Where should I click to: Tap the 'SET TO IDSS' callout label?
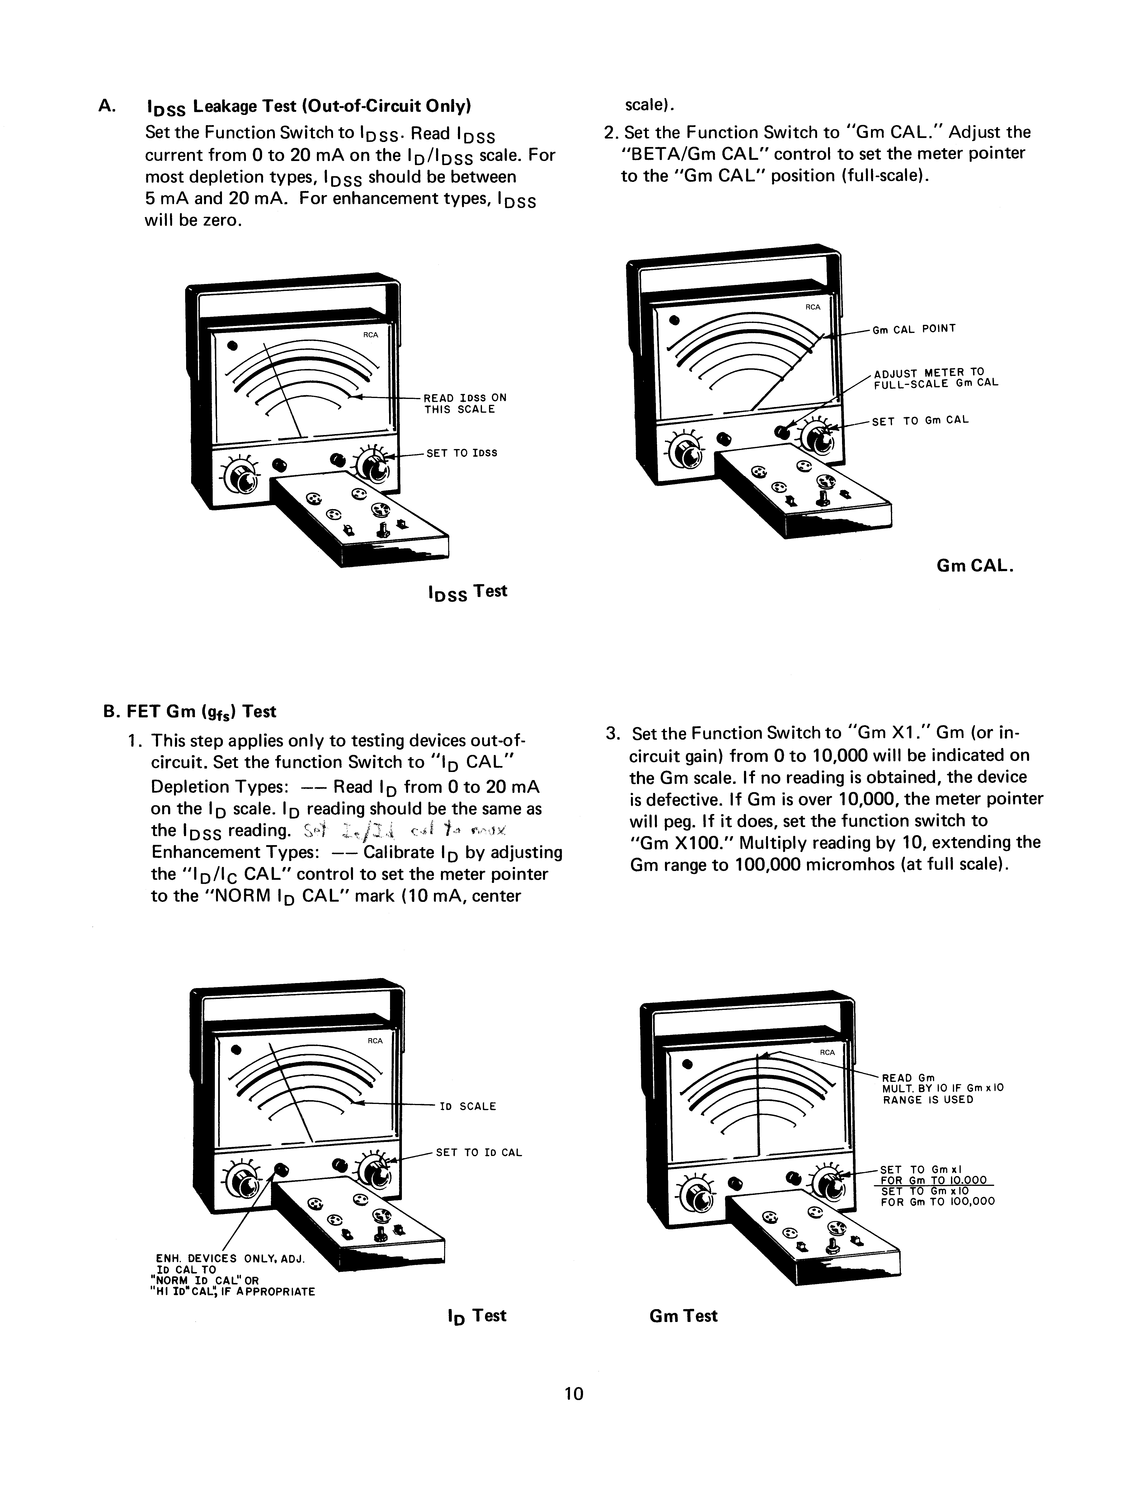462,453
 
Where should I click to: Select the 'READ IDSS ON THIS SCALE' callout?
465,403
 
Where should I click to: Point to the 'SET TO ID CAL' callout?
479,1153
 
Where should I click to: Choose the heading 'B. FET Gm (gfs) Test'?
190,711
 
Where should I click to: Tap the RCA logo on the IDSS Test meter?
370,335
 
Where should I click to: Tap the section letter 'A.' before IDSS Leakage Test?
107,106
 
